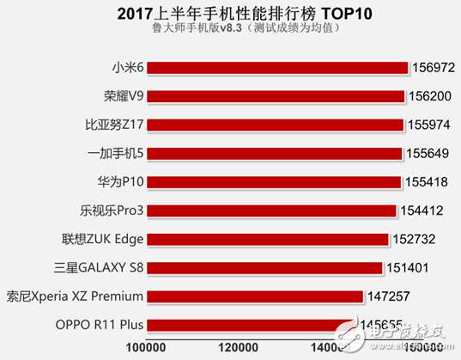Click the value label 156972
pyautogui.click(x=435, y=66)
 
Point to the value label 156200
pyautogui.click(x=432, y=95)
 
